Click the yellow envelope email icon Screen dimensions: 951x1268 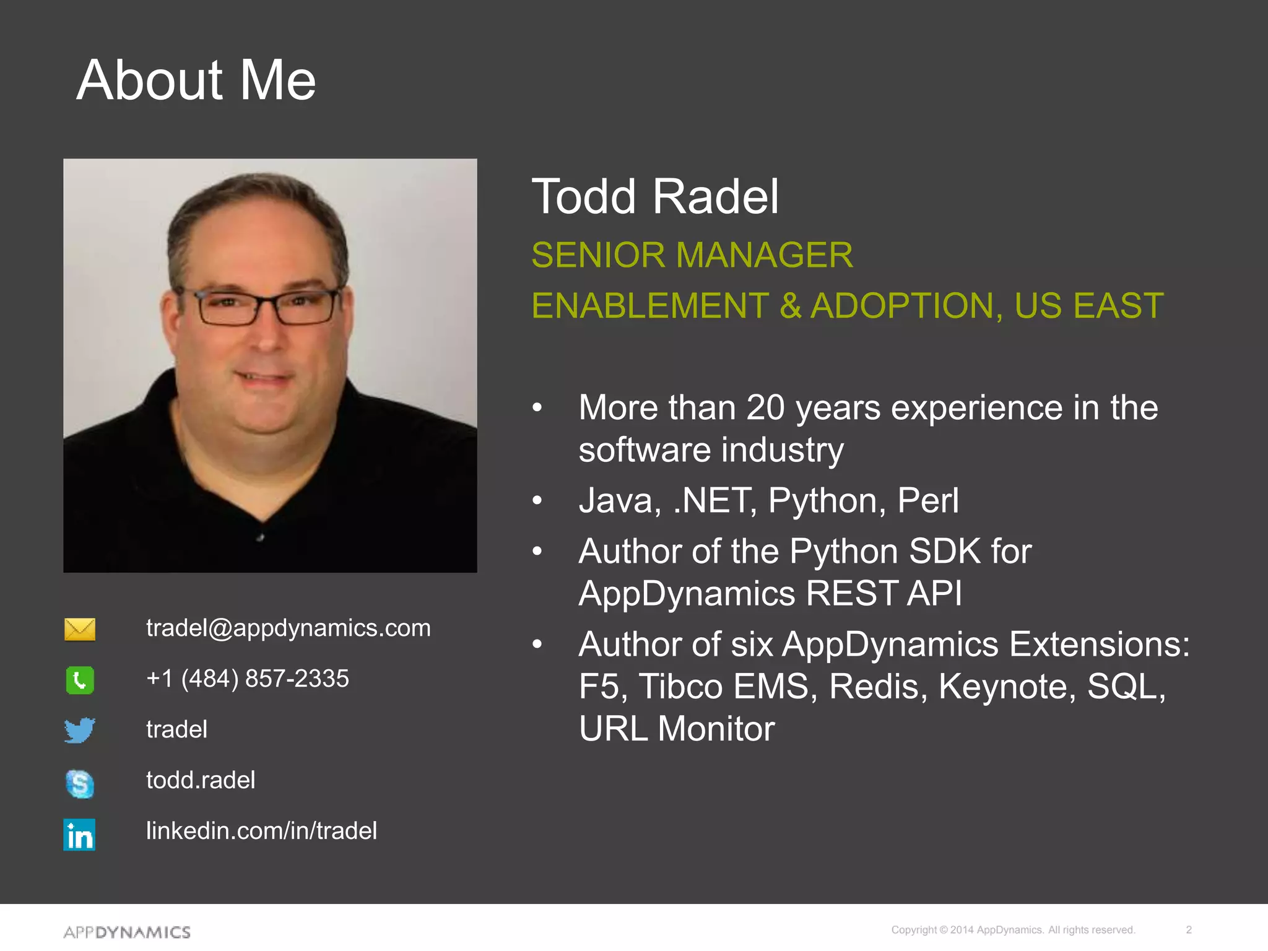pyautogui.click(x=80, y=629)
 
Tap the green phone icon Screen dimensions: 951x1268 pyautogui.click(x=80, y=680)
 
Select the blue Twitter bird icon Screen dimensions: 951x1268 pyautogui.click(x=80, y=731)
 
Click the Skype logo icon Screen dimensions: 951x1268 pyautogui.click(x=80, y=783)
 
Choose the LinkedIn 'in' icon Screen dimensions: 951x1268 pyautogui.click(x=79, y=835)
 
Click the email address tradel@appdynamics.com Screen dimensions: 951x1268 pyautogui.click(x=288, y=628)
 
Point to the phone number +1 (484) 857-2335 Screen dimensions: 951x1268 pyautogui.click(x=247, y=679)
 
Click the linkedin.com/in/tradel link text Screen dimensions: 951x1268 pyautogui.click(x=261, y=831)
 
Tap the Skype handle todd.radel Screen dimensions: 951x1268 pyautogui.click(x=201, y=780)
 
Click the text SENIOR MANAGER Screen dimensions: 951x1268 pyautogui.click(x=692, y=255)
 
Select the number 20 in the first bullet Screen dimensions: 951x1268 pyautogui.click(x=765, y=407)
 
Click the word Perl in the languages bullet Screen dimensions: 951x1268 pyautogui.click(x=927, y=500)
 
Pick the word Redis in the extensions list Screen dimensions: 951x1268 pyautogui.click(x=878, y=686)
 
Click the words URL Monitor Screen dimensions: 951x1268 pyautogui.click(x=676, y=729)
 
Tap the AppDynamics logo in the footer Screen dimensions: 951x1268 pyautogui.click(x=127, y=932)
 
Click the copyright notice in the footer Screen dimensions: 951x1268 pyautogui.click(x=1013, y=930)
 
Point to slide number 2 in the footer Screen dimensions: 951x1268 pyautogui.click(x=1189, y=930)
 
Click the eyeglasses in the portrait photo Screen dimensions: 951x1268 pyautogui.click(x=267, y=308)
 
